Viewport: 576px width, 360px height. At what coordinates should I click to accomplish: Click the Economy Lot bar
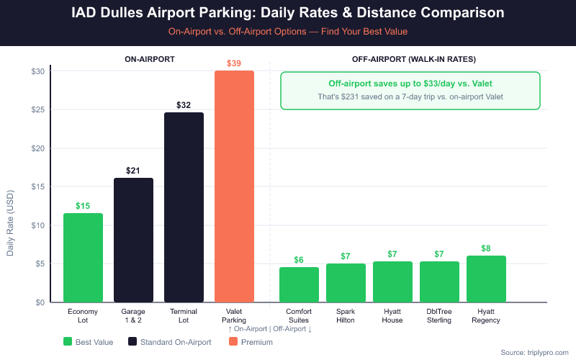83,258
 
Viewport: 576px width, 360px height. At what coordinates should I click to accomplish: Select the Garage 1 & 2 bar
133,240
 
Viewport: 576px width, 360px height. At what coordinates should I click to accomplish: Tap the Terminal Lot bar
184,207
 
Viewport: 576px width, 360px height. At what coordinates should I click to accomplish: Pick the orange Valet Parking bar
234,186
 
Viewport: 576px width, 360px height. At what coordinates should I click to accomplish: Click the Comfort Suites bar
299,285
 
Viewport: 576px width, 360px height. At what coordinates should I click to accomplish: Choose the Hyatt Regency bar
486,279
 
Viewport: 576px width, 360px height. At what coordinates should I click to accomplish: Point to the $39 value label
234,63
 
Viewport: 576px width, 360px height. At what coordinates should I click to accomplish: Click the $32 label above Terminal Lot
184,105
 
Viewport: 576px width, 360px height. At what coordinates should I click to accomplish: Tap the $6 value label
299,260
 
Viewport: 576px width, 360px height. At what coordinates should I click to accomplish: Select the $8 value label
486,248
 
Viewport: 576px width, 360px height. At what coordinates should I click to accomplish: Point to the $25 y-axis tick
38,110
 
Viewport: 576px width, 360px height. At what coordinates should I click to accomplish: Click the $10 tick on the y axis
38,225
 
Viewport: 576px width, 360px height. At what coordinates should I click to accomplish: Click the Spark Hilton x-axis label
346,315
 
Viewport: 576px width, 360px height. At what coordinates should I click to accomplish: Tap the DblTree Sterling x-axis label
439,315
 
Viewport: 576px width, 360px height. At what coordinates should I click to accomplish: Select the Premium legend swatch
233,342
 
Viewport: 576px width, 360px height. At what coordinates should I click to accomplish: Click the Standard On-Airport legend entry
169,342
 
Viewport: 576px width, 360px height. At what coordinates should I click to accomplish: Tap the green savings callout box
410,90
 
